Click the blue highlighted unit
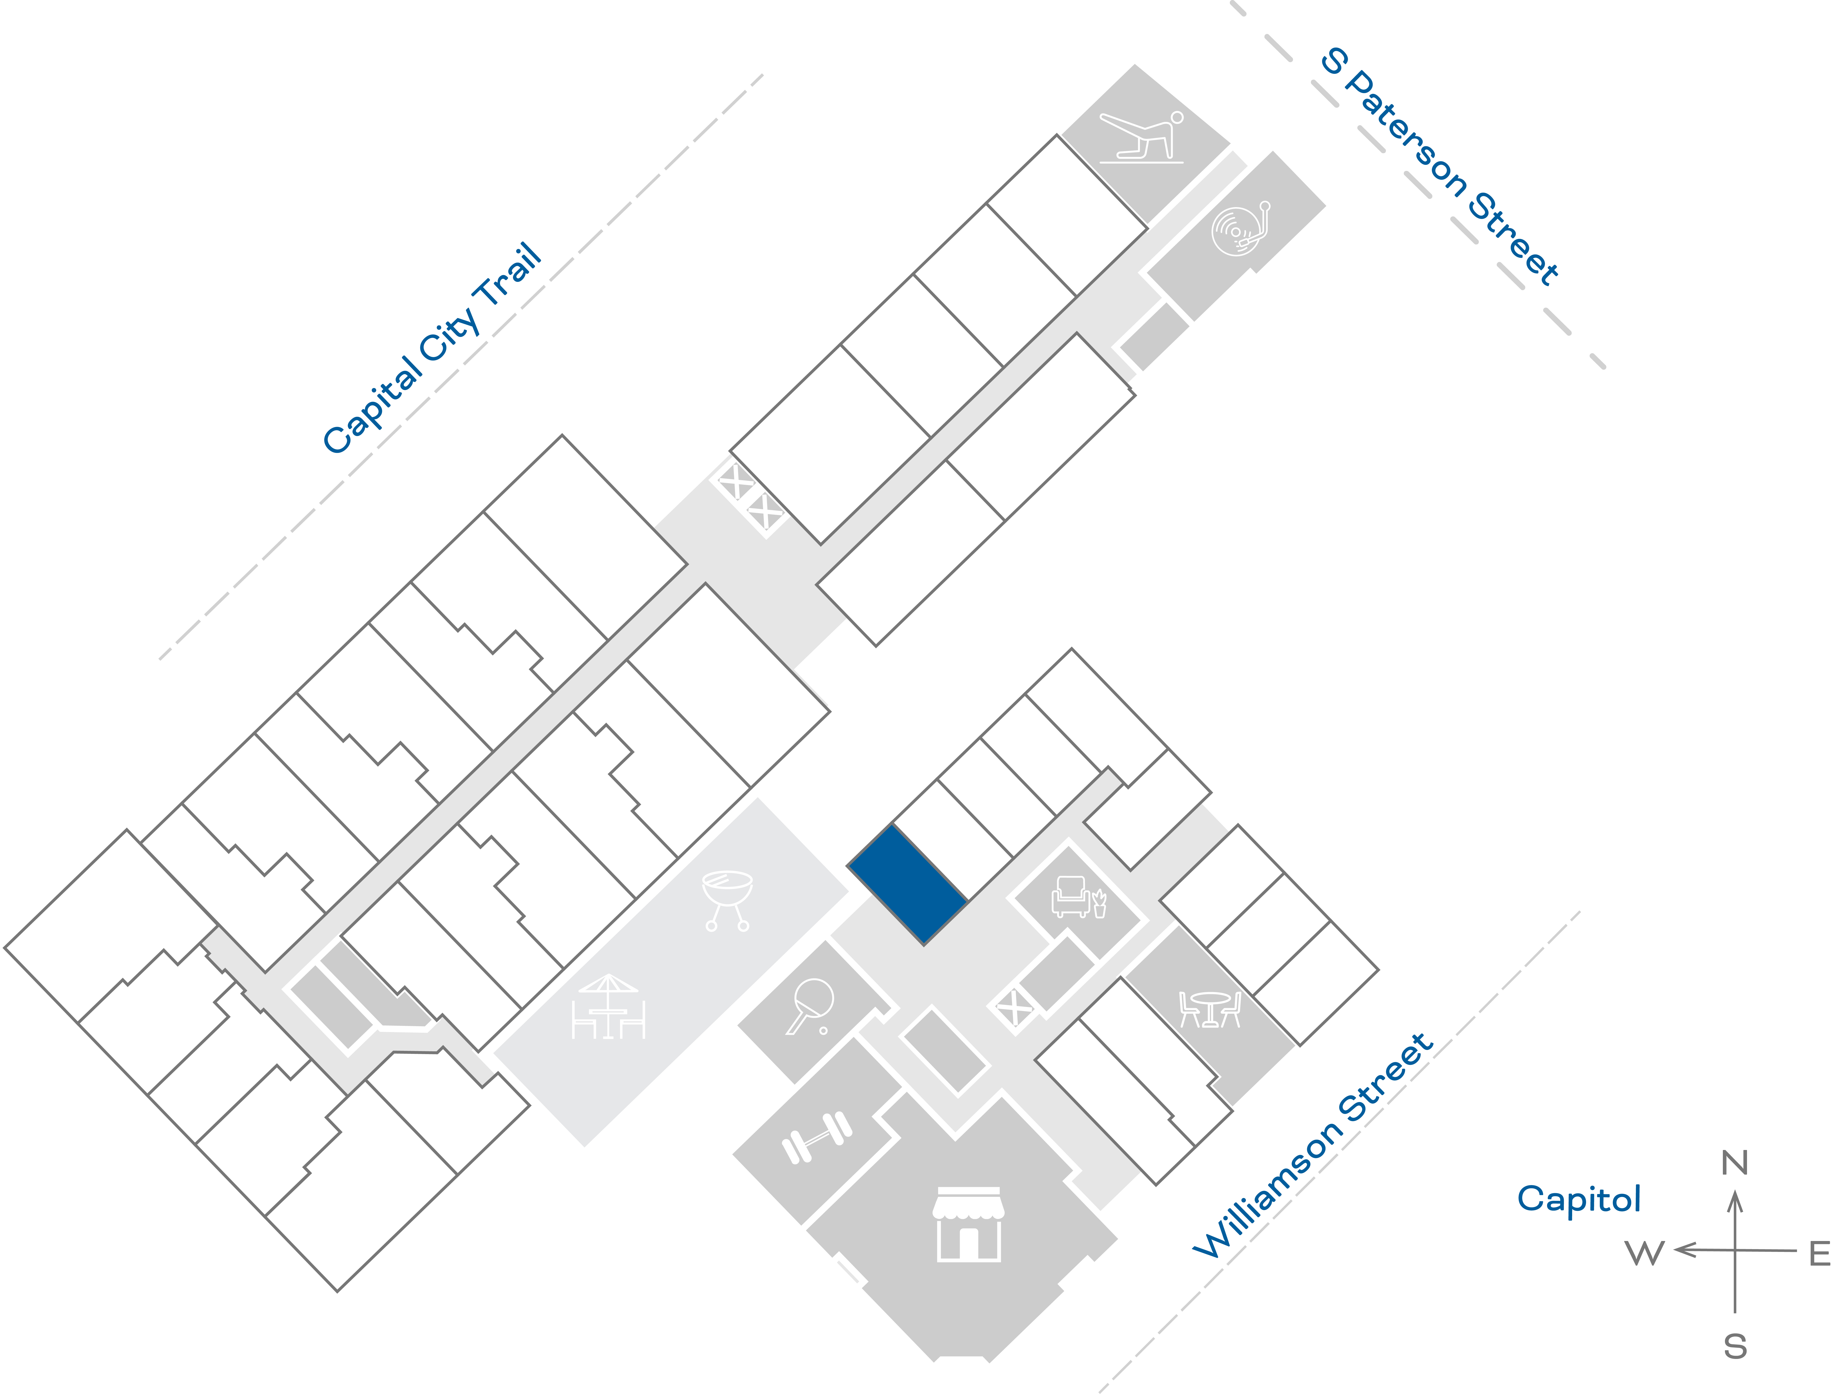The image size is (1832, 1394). click(x=907, y=885)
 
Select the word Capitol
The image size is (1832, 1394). click(x=1579, y=1199)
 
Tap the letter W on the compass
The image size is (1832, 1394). click(x=1645, y=1253)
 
